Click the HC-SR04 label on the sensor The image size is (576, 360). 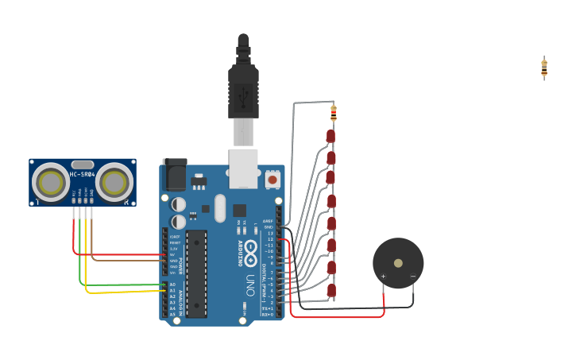pyautogui.click(x=82, y=174)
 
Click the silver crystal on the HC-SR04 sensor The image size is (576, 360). pyautogui.click(x=82, y=165)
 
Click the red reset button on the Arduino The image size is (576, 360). pyautogui.click(x=273, y=180)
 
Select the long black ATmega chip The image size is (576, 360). pyautogui.click(x=196, y=273)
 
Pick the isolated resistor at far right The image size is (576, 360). pyautogui.click(x=544, y=68)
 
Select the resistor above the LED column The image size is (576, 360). pyautogui.click(x=334, y=113)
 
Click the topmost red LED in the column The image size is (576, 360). pyautogui.click(x=331, y=137)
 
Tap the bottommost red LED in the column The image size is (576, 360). pyautogui.click(x=331, y=291)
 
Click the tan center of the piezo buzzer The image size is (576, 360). pyautogui.click(x=398, y=263)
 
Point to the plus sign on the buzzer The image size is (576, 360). pyautogui.click(x=383, y=277)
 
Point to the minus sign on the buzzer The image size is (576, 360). pyautogui.click(x=412, y=277)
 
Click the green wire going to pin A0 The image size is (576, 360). pyautogui.click(x=119, y=284)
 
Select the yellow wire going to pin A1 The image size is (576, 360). pyautogui.click(x=119, y=292)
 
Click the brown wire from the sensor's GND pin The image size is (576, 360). pyautogui.click(x=127, y=260)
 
